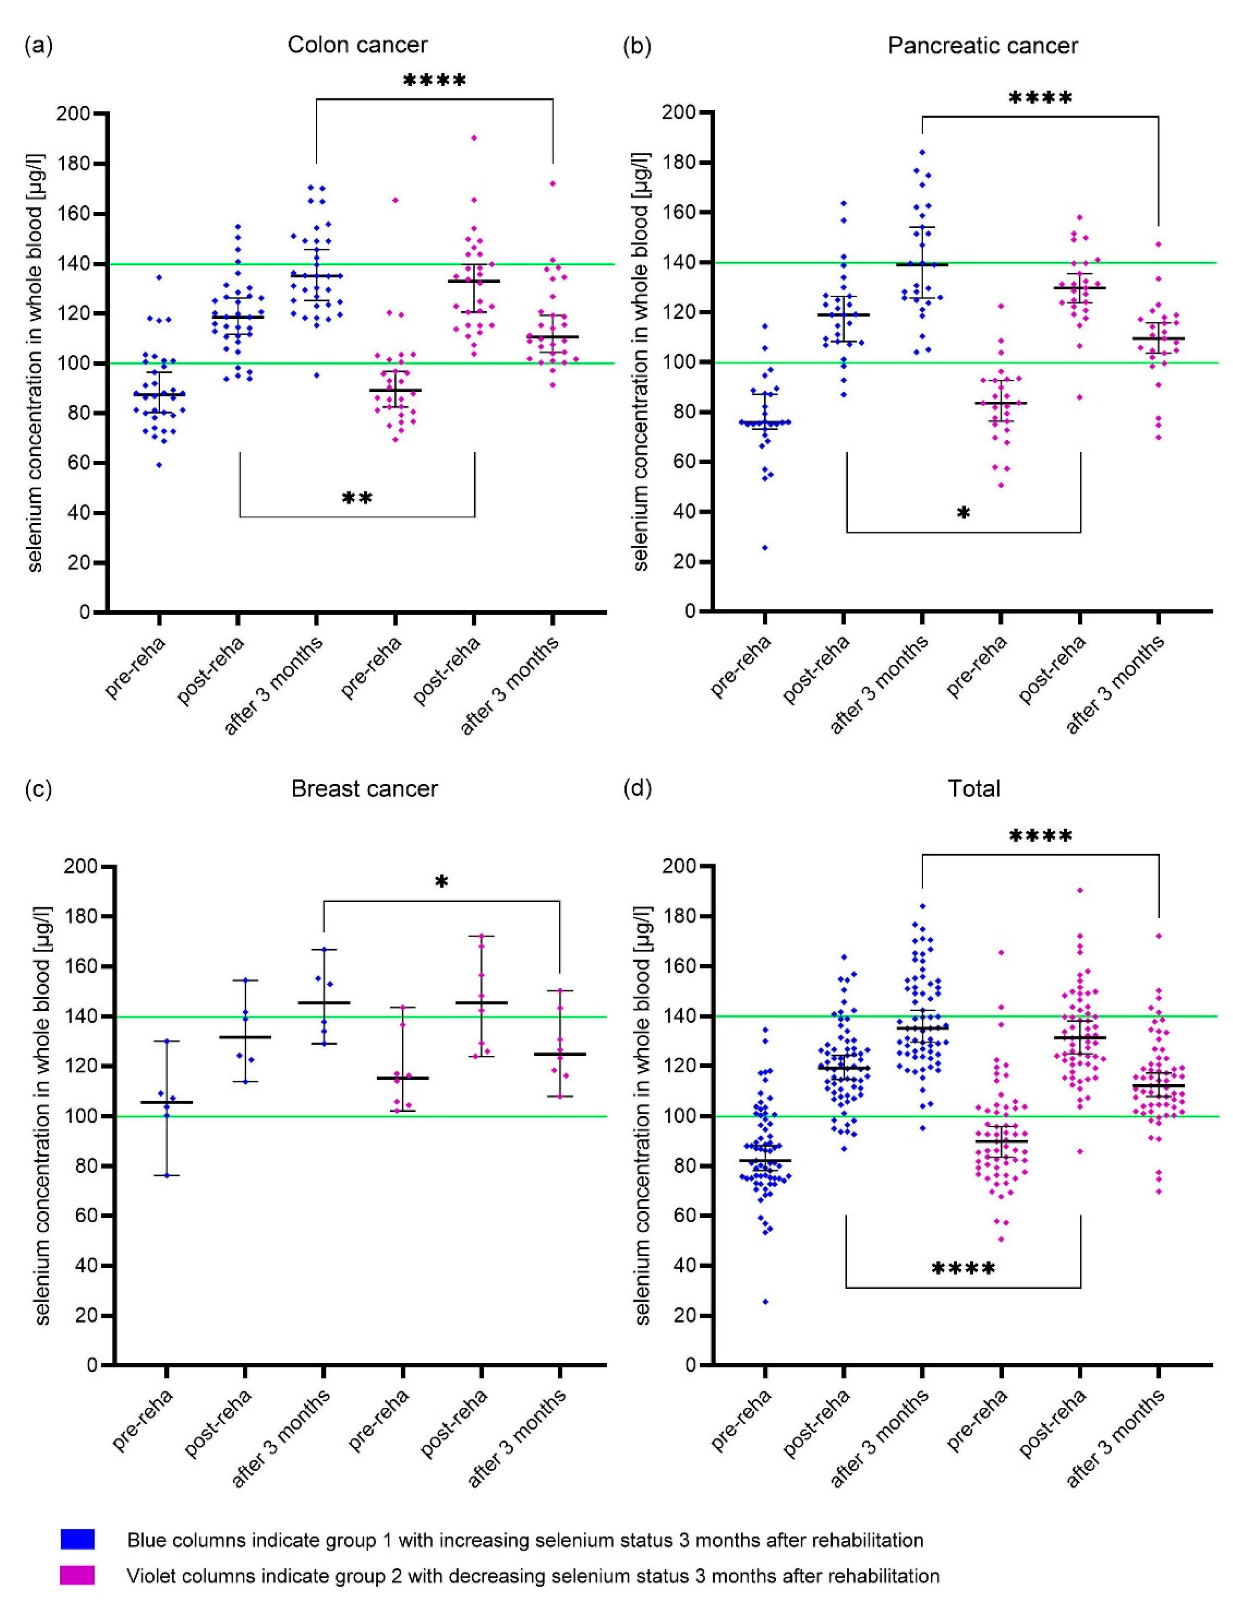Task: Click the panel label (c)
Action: [38, 789]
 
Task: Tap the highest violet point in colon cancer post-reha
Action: [474, 137]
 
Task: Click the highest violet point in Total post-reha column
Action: [1080, 890]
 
